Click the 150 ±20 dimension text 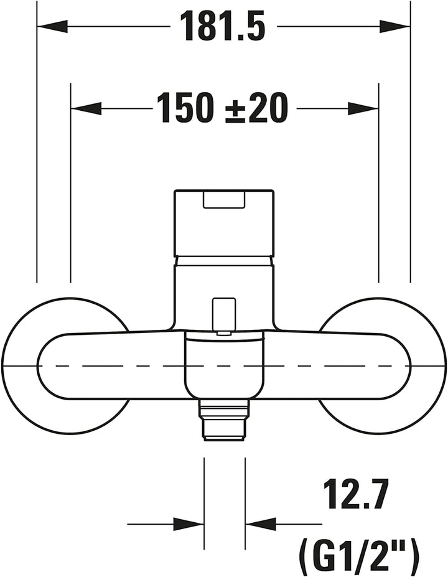pyautogui.click(x=222, y=108)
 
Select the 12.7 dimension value pyautogui.click(x=355, y=494)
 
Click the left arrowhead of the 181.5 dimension pyautogui.click(x=53, y=26)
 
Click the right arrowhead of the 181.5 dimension pyautogui.click(x=394, y=26)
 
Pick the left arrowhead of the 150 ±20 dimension pyautogui.click(x=86, y=108)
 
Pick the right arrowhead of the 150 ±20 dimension pyautogui.click(x=363, y=108)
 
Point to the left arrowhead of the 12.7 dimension pyautogui.click(x=189, y=523)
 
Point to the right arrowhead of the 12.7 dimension pyautogui.click(x=261, y=523)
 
